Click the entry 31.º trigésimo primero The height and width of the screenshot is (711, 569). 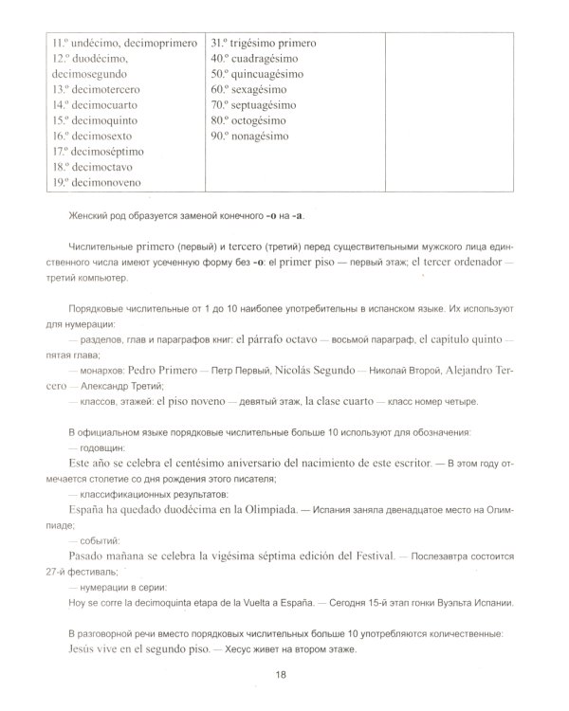point(263,44)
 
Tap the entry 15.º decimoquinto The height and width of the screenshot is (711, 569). point(98,120)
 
